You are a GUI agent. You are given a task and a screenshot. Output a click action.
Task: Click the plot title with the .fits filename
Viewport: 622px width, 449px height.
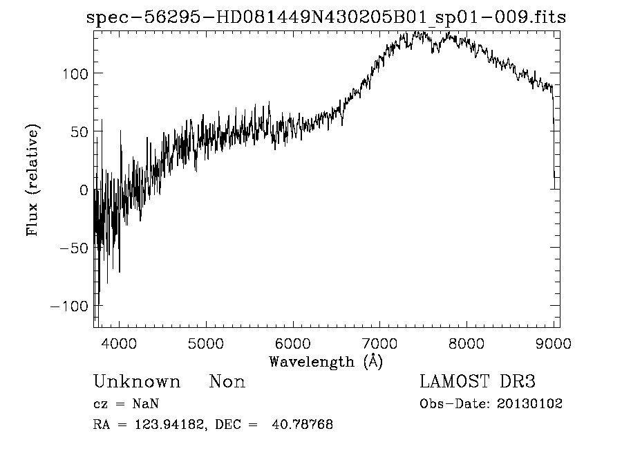[326, 17]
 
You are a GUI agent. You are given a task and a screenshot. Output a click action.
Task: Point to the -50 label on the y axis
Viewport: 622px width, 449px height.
[71, 248]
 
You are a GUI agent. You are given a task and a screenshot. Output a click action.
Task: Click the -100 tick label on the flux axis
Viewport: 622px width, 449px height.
[66, 306]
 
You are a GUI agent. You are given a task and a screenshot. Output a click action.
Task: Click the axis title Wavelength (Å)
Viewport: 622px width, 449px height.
[326, 361]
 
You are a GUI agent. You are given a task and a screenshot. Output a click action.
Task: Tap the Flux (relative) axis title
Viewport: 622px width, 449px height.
[33, 180]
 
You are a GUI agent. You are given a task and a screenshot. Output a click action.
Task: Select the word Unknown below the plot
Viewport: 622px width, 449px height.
[137, 382]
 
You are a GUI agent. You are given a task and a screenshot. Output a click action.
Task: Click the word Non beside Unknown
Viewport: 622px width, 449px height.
[227, 382]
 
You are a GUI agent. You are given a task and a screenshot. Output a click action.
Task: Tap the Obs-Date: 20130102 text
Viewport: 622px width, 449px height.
[491, 404]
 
